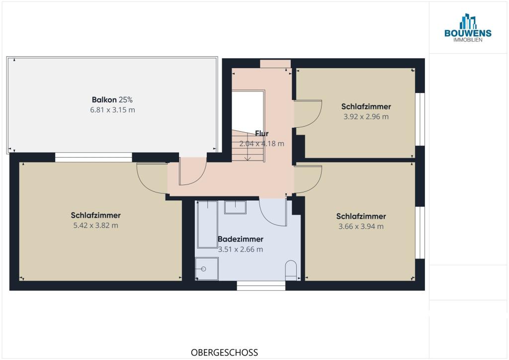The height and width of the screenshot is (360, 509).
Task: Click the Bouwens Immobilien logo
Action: click(468, 28)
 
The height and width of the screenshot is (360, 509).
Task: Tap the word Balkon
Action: click(104, 99)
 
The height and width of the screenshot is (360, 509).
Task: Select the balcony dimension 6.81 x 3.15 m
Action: click(112, 110)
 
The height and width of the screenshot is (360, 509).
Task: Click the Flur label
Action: click(261, 133)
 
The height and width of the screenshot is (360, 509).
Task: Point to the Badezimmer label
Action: click(240, 239)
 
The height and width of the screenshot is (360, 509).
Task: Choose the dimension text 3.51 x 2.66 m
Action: click(240, 249)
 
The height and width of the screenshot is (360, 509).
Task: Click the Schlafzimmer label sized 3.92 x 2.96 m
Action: click(366, 106)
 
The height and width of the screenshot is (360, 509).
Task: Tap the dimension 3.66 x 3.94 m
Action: click(361, 226)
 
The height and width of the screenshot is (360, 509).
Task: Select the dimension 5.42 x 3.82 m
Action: click(95, 225)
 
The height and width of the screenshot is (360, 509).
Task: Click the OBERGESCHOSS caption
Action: click(224, 353)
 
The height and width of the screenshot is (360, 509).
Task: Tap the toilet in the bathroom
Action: click(291, 270)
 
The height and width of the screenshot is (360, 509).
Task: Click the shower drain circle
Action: click(203, 269)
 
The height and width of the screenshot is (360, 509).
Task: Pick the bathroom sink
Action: click(235, 207)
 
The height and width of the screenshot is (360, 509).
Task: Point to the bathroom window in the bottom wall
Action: click(261, 285)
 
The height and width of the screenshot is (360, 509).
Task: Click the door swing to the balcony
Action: click(193, 172)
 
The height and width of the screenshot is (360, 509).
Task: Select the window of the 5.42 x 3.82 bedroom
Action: click(93, 157)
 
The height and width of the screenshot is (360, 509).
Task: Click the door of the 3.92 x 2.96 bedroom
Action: click(308, 114)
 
